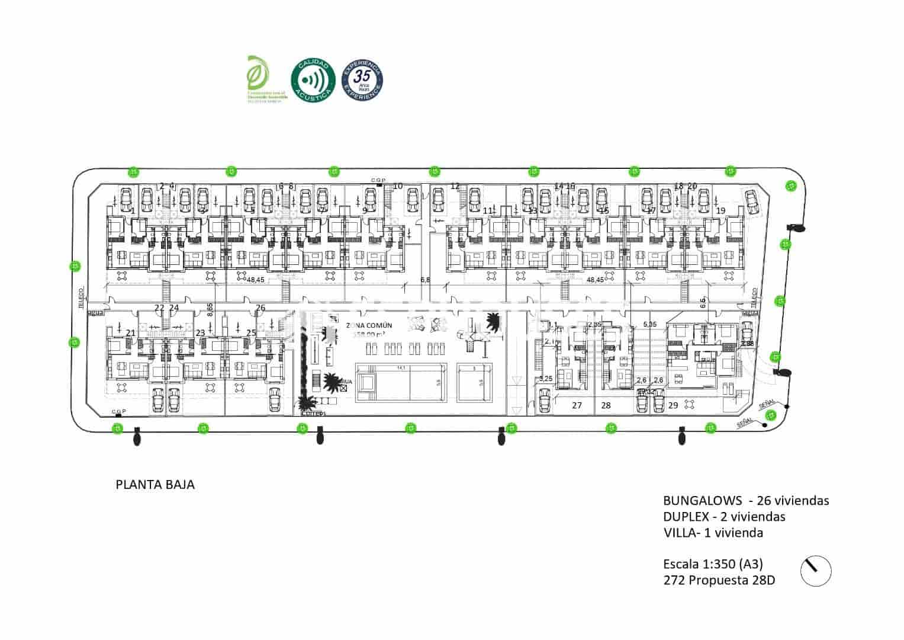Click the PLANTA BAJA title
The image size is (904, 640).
coord(155,485)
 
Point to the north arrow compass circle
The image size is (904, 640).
coord(815,571)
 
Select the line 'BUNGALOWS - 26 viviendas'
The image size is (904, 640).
coord(746,500)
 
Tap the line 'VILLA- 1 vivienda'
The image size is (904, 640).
coord(713,532)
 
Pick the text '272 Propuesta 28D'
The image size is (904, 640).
coord(719,580)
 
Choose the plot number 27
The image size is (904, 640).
coord(577,405)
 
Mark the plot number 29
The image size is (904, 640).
coord(673,405)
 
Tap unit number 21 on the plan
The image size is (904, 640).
coord(130,333)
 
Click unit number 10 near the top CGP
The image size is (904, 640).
coord(398,186)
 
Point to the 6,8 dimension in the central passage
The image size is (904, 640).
coord(424,279)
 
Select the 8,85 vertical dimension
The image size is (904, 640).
coord(210,310)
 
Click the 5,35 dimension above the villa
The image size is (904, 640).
coord(649,324)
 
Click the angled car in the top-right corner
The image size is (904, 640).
coord(751,201)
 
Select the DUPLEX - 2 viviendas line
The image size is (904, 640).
coord(724,516)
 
